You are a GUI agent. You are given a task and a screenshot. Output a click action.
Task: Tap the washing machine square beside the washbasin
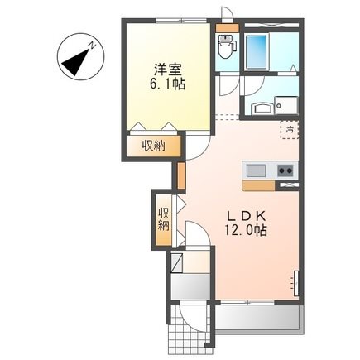[286, 106]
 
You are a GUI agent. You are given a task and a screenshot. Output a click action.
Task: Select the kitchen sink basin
[256, 170]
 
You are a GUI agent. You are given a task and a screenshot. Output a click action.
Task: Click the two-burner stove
[284, 170]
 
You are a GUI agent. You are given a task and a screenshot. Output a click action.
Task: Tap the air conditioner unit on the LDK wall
[297, 281]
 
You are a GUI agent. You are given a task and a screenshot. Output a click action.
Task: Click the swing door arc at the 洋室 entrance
[198, 147]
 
